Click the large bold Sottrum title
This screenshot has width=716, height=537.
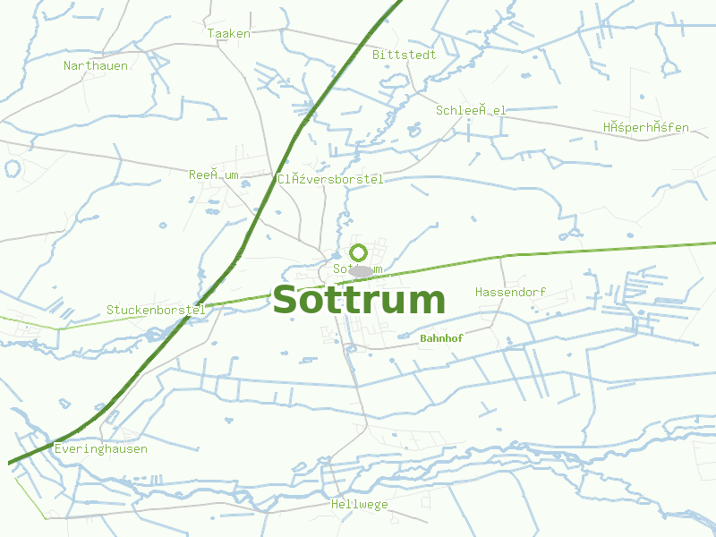pos(358,301)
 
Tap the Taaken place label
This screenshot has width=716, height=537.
pos(229,33)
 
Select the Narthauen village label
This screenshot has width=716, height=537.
pos(96,65)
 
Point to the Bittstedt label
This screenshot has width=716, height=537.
pos(405,55)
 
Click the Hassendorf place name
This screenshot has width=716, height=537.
pos(510,292)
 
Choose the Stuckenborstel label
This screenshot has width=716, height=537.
pos(156,310)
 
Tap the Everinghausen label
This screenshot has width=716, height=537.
pos(101,448)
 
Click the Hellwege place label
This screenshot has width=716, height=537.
pos(360,504)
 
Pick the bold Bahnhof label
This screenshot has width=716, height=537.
pos(441,338)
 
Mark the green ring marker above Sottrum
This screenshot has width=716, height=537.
pos(359,252)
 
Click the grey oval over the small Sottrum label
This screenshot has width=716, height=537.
pos(361,271)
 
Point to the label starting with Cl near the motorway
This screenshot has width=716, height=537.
pos(330,179)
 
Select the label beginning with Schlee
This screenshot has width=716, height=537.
pos(471,110)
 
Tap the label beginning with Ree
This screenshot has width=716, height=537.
pos(213,175)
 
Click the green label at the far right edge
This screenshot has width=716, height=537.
pos(645,127)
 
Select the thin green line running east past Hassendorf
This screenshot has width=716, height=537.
pos(609,248)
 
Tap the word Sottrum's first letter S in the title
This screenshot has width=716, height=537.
pos(286,301)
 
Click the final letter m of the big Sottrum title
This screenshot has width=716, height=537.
pos(425,301)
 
